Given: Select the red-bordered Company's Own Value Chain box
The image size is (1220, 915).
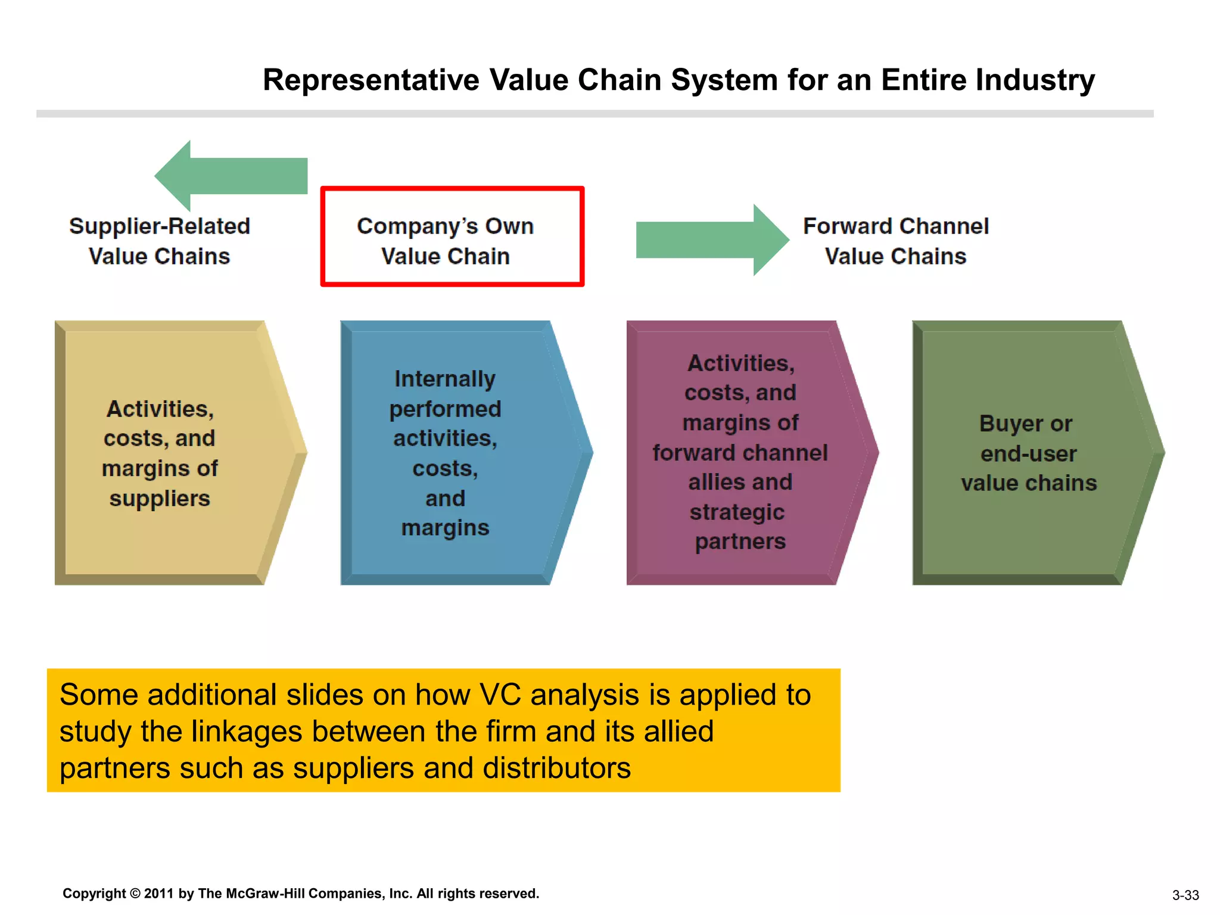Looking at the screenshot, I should (452, 237).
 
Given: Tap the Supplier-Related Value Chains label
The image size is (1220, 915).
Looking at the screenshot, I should (159, 241).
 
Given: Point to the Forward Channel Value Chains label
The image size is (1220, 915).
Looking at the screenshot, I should (895, 241).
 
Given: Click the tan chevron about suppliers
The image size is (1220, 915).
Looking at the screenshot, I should (173, 453).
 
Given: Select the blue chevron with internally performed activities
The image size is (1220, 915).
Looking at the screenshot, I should (459, 453).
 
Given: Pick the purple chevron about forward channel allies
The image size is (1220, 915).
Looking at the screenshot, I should (745, 453).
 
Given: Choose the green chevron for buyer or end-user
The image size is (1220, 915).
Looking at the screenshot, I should (1031, 453).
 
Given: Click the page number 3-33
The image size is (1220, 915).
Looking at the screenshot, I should (1185, 895).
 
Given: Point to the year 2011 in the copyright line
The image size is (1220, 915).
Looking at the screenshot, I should (158, 894).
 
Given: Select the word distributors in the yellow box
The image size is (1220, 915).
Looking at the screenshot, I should (556, 768).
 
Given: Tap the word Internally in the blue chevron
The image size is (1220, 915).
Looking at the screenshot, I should (445, 379).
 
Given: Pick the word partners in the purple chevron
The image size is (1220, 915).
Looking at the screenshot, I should (740, 541).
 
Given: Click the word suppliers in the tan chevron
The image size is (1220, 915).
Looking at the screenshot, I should (160, 499).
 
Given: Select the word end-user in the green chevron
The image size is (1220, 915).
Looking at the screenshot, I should (1028, 454).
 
